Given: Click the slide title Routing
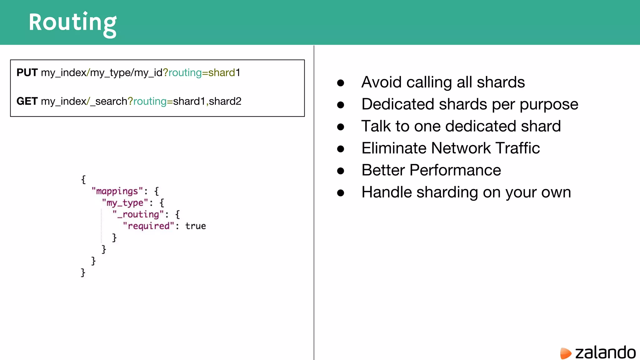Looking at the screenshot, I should point(72,22).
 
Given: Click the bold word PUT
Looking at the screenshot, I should point(27,72).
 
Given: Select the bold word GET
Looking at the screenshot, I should point(27,101).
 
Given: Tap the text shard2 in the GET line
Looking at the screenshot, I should point(225,101).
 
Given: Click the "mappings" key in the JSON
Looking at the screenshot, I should point(117,191).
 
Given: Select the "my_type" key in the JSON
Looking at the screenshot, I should point(125,203).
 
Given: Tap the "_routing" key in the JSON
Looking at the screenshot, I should point(138,214).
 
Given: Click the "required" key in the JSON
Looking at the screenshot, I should point(148,226).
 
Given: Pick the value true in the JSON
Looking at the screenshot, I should point(196,226).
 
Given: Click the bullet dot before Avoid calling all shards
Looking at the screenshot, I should point(341,83).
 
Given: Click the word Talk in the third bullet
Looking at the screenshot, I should point(376,126).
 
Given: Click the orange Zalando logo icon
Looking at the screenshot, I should point(565,353).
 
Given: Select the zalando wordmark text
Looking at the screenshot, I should point(605,352).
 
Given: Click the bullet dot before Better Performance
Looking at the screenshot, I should point(341,171).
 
